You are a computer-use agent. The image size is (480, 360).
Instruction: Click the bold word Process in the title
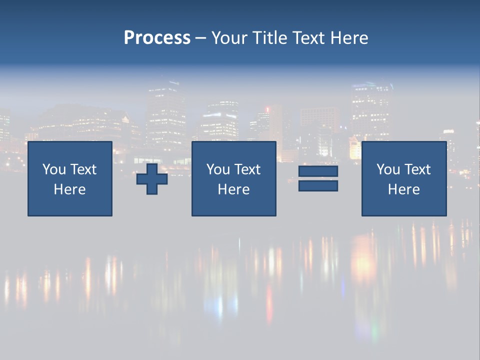point(157,38)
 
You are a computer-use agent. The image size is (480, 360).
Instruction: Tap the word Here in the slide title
point(349,38)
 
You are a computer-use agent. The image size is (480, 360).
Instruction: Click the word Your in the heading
point(229,38)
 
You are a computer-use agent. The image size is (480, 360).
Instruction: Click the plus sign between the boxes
point(152,179)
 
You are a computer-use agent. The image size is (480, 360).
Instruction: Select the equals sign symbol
point(318,178)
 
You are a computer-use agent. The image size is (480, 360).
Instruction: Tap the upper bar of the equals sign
point(318,171)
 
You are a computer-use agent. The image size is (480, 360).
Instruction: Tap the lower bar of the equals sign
point(318,185)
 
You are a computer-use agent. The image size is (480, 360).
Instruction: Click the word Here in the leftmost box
point(69,189)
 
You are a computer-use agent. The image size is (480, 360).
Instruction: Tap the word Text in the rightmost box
point(417,169)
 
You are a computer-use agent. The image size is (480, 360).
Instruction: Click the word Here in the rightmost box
point(403,189)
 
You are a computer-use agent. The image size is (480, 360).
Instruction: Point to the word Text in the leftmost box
point(83,169)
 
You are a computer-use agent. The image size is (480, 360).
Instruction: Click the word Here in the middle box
point(233,189)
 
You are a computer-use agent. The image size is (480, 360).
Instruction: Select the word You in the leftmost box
point(54,169)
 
